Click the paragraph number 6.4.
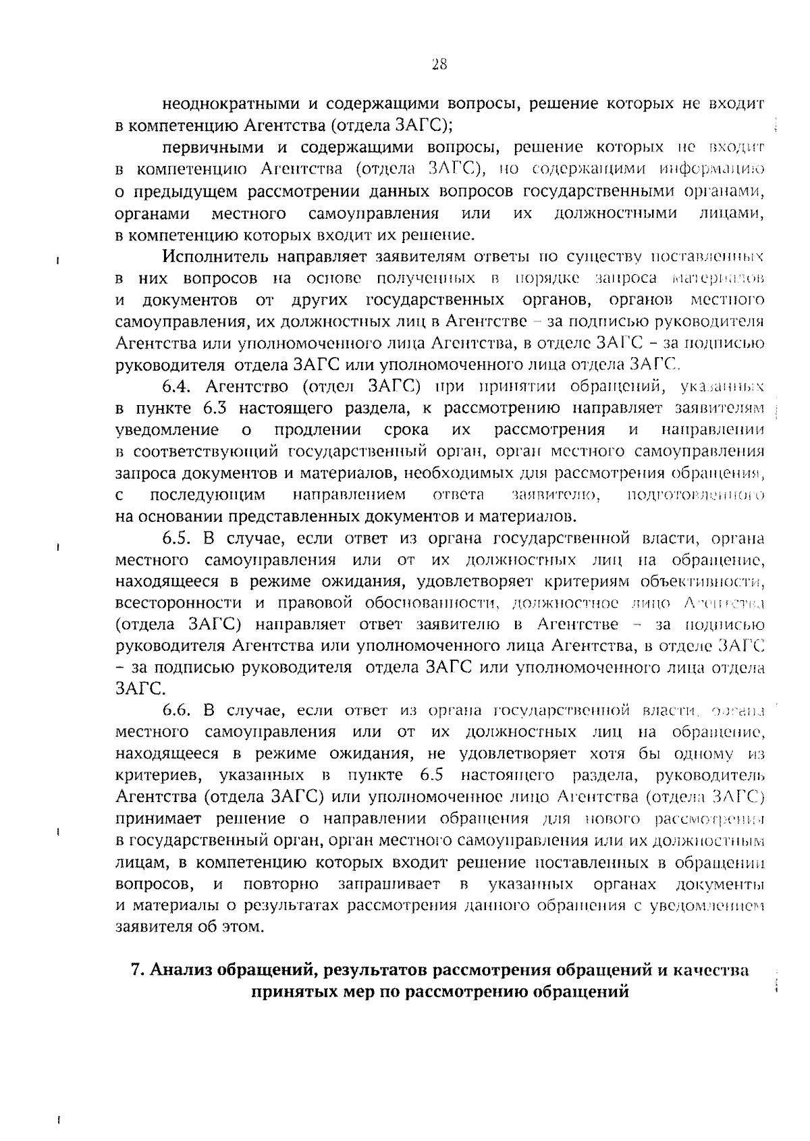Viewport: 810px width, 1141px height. [x=178, y=387]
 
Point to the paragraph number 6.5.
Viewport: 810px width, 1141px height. [x=178, y=538]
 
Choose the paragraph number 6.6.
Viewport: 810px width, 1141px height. [x=178, y=710]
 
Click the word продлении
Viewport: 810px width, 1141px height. [x=317, y=430]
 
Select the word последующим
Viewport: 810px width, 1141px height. [x=207, y=495]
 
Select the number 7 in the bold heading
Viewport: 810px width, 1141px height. [x=136, y=970]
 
